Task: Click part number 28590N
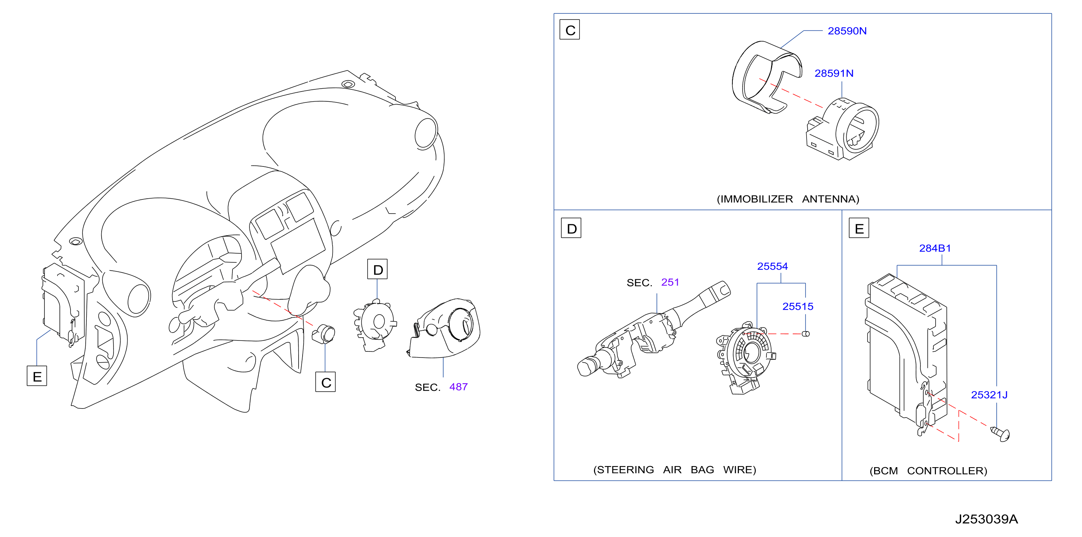point(847,31)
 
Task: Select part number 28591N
point(834,73)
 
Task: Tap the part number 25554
point(773,267)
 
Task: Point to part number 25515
point(797,307)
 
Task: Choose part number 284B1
point(935,249)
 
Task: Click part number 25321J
point(989,395)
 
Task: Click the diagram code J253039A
point(986,519)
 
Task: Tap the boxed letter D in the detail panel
point(571,228)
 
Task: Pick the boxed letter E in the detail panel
point(859,228)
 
